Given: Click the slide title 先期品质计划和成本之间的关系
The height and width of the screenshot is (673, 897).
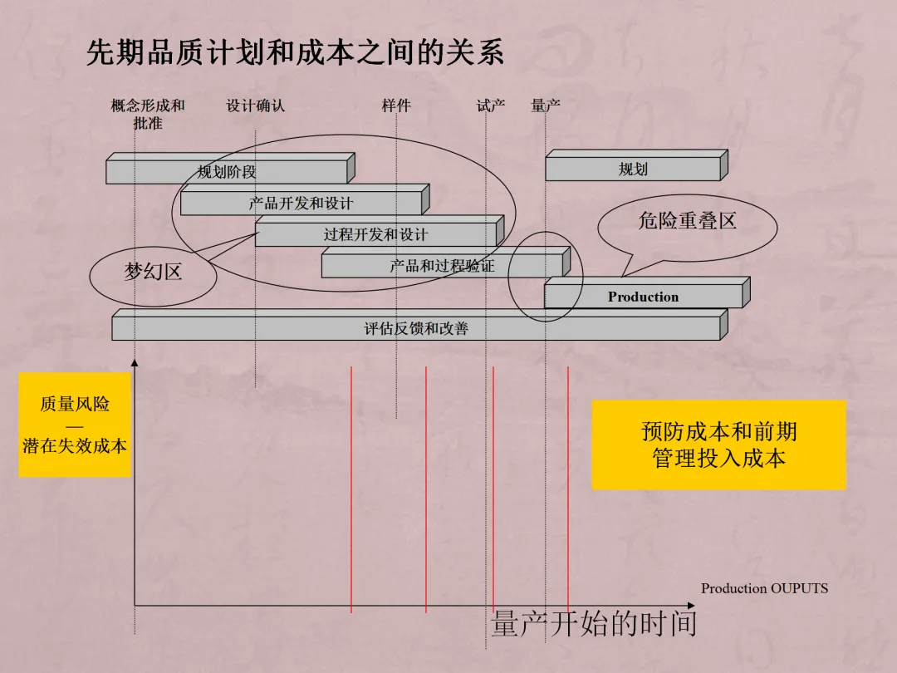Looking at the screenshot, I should click(x=295, y=53).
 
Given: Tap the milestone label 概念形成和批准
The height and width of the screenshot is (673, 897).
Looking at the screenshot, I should click(x=148, y=114).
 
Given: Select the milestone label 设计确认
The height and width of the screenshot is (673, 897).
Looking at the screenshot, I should click(x=255, y=106).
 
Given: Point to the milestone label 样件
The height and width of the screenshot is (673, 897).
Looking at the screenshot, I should click(x=396, y=106).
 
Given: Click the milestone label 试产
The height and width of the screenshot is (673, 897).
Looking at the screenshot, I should click(x=491, y=106).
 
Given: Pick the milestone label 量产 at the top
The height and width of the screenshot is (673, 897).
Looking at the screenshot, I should click(x=546, y=106).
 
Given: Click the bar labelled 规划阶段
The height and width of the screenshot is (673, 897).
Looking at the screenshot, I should click(x=226, y=172).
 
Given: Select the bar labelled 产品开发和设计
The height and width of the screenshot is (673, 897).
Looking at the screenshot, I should click(x=301, y=204).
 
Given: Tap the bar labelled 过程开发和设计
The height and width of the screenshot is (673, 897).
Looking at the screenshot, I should click(x=375, y=235).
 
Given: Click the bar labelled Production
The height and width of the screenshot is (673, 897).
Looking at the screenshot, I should click(x=643, y=297).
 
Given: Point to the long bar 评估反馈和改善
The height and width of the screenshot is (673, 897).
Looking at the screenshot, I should click(x=415, y=329).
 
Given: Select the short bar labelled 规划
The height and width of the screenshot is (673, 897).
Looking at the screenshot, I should click(x=632, y=169).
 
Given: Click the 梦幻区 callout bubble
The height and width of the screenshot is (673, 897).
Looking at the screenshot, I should click(x=153, y=272).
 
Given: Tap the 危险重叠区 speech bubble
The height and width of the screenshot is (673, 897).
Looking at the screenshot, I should click(x=687, y=221).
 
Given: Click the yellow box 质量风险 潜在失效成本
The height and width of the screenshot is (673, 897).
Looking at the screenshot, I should click(x=75, y=425).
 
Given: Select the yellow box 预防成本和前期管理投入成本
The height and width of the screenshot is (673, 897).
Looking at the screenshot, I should click(x=718, y=445).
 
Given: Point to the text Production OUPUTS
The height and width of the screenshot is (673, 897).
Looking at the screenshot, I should click(x=764, y=588).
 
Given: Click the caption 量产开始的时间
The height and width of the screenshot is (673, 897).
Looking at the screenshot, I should click(x=593, y=623).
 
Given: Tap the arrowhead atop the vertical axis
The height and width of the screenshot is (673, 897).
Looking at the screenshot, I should click(x=135, y=363).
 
